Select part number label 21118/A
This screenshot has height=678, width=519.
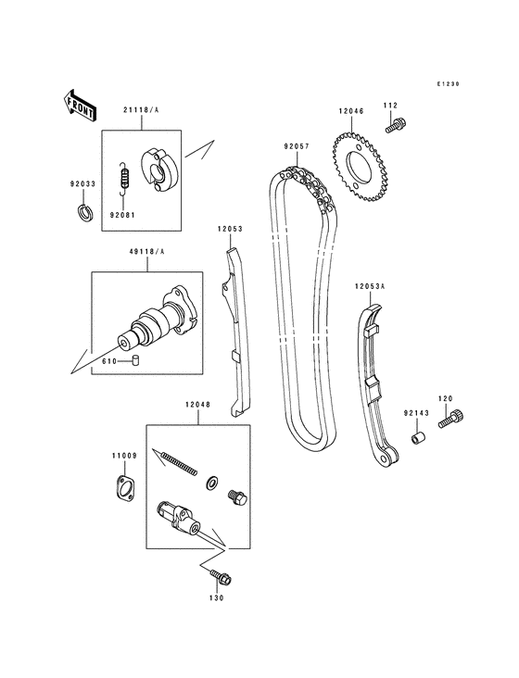139,109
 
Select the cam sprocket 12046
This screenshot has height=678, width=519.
361,169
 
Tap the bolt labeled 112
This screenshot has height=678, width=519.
398,121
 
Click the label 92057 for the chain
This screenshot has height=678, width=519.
297,145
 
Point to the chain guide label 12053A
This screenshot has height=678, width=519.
368,288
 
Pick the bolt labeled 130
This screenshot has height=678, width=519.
222,578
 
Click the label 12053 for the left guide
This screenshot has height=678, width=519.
230,228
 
